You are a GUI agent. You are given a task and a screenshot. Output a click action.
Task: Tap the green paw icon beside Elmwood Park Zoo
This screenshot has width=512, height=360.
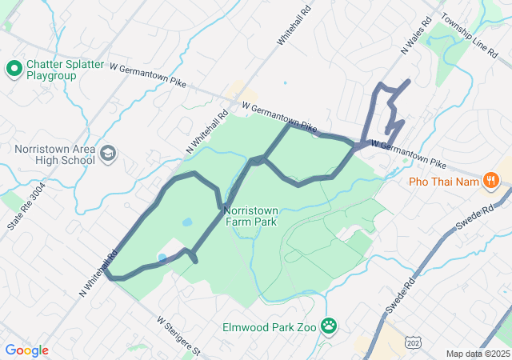point(329,326)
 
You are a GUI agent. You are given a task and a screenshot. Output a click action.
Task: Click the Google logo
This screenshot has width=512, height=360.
point(26,350)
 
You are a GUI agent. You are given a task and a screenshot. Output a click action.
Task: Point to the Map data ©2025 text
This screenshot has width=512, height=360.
point(478,354)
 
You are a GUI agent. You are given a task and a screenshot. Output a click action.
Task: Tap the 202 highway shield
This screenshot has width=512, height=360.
point(410,342)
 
